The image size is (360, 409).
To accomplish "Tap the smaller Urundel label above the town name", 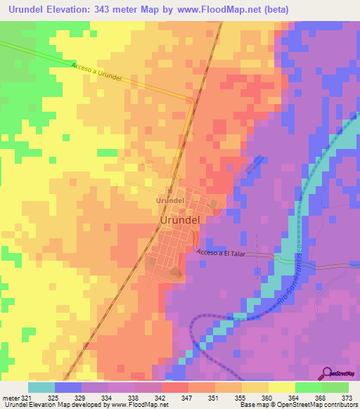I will pos(169,200).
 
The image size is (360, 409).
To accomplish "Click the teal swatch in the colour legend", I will pos(41,388).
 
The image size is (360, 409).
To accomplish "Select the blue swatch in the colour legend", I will pos(67,388).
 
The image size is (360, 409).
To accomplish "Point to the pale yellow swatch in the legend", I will pos(281,388).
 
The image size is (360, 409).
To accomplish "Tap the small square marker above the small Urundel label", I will pos(169,190).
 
